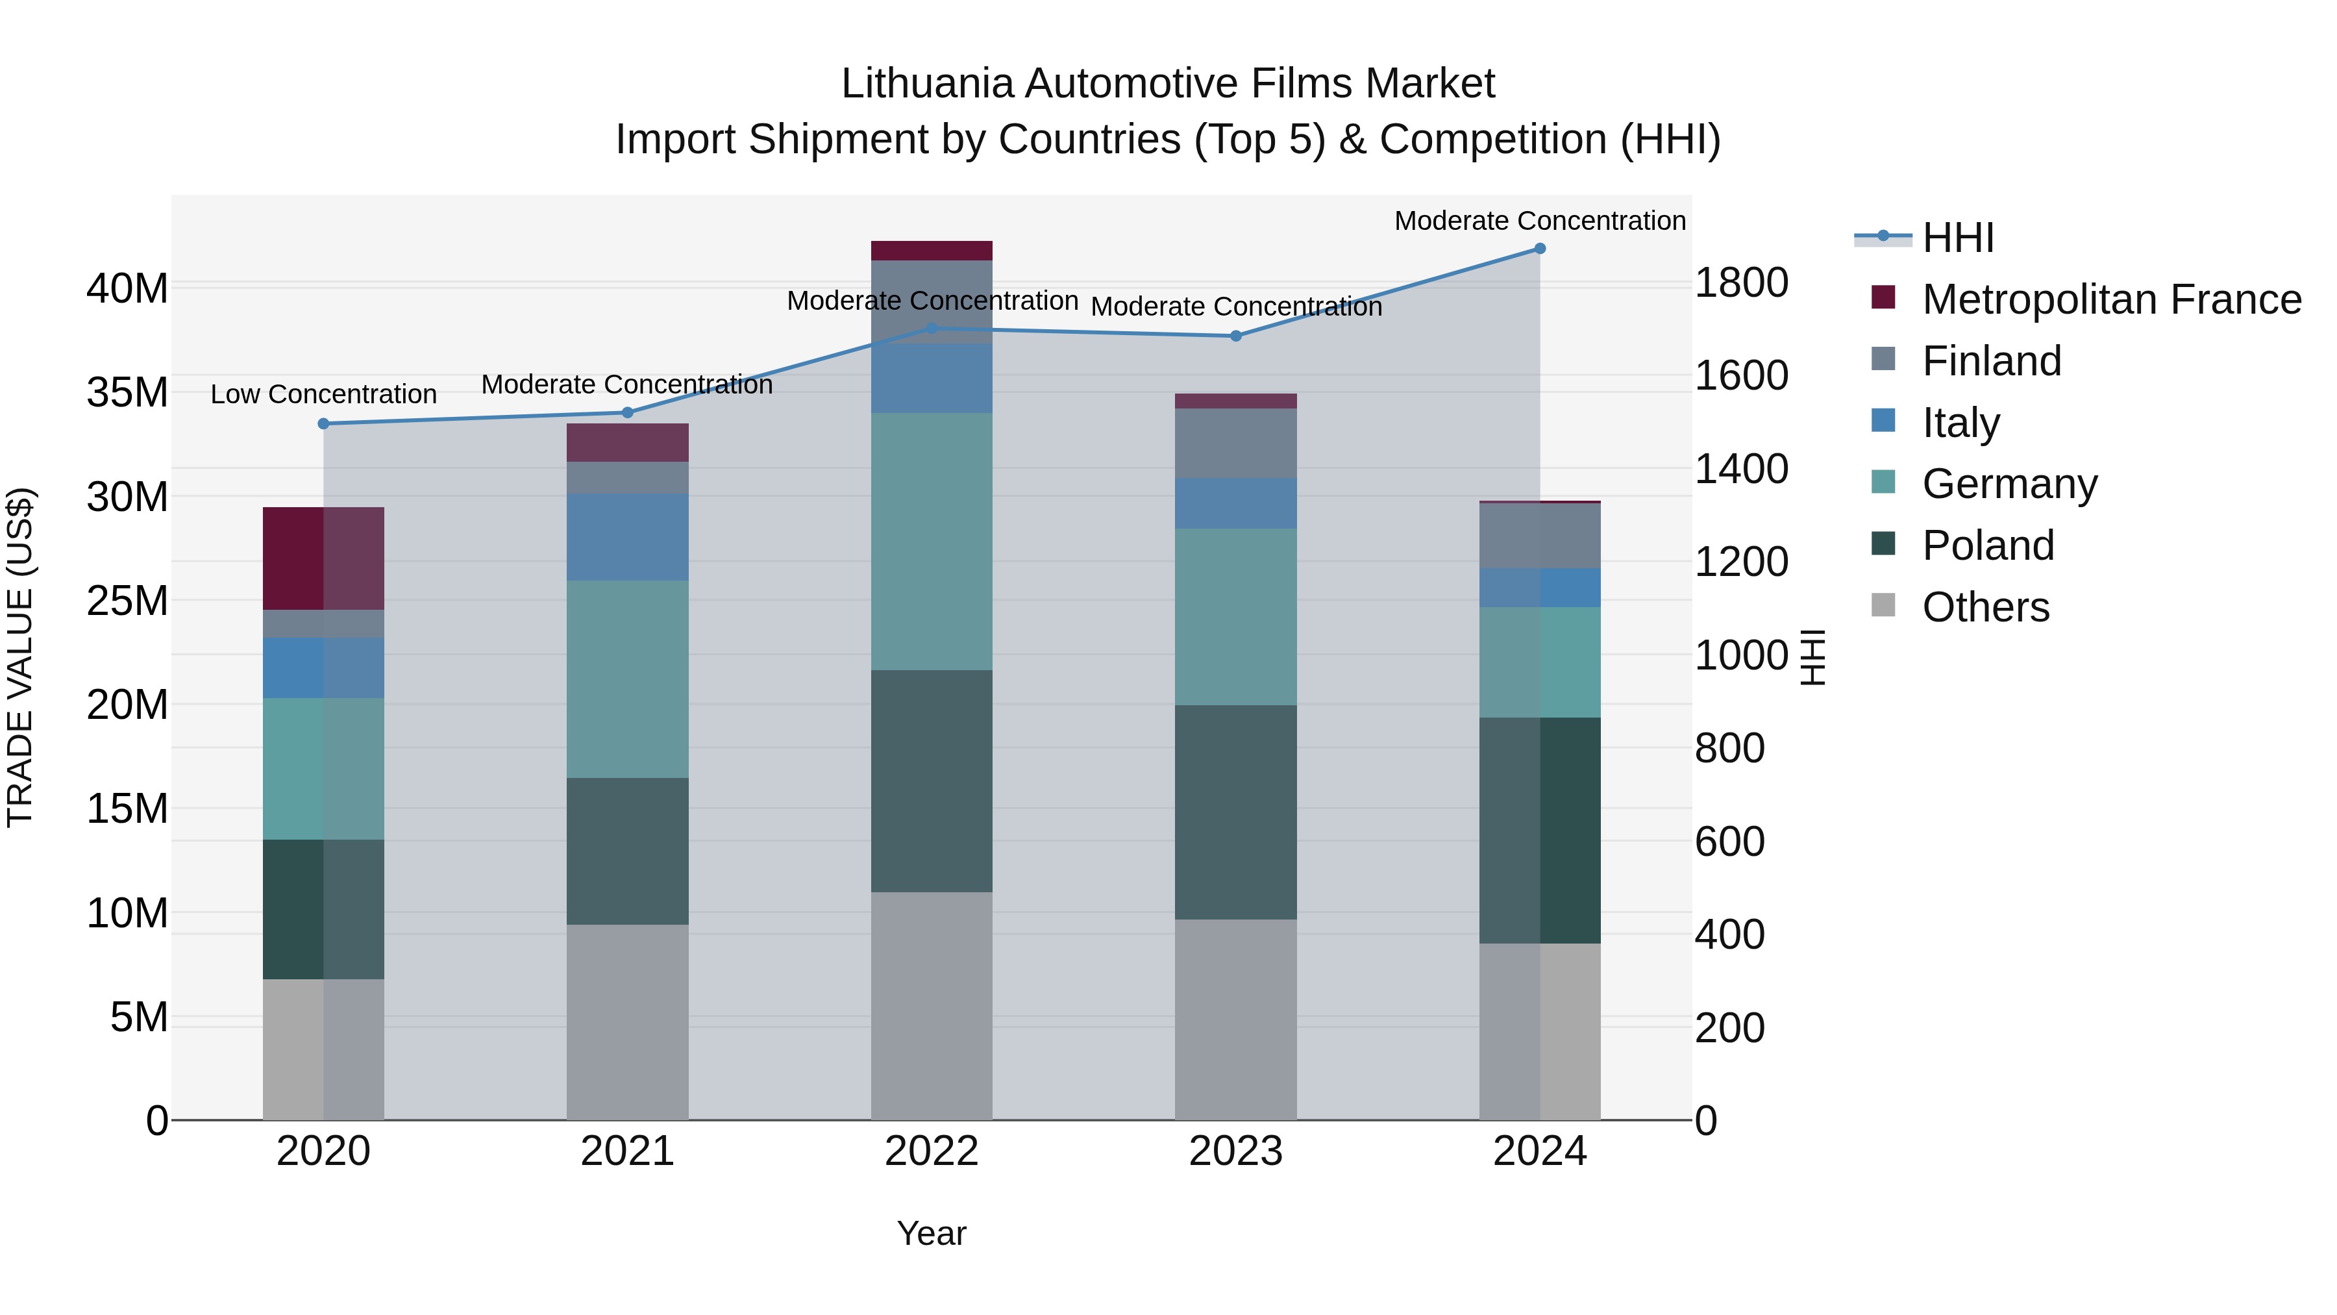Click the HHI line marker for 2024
tap(1540, 249)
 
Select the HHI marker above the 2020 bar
tap(324, 424)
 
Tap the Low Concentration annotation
tap(324, 395)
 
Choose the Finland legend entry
tap(1992, 361)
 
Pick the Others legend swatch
tap(1883, 605)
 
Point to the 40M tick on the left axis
tap(127, 290)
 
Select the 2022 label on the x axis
tap(931, 1151)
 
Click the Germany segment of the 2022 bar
tap(932, 542)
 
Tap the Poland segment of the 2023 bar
tap(1235, 812)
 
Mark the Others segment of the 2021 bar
tap(628, 1022)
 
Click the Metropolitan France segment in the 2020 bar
tap(324, 558)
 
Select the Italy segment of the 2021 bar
tap(628, 537)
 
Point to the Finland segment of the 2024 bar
tap(1540, 536)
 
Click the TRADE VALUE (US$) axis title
tap(20, 658)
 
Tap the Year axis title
tap(932, 1234)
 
